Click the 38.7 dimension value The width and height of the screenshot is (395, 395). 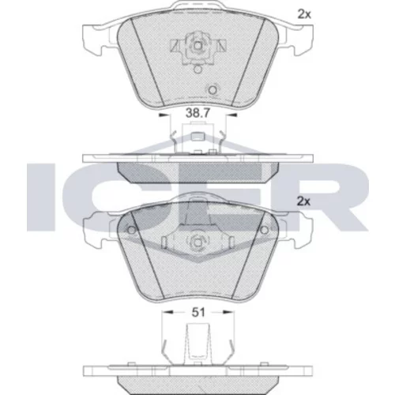click(x=197, y=113)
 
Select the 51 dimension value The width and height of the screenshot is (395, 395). click(x=198, y=312)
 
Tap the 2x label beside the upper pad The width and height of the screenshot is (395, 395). click(x=304, y=14)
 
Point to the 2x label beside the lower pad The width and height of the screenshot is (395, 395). click(x=303, y=201)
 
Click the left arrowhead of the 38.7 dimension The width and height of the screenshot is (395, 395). click(x=163, y=115)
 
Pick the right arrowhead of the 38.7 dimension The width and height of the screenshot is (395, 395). click(x=232, y=115)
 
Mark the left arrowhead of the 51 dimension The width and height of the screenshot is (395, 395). click(x=167, y=312)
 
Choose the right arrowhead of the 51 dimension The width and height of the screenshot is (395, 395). click(x=228, y=312)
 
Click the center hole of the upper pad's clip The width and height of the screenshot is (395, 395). click(x=197, y=46)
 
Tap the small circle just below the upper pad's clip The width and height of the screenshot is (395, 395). click(x=197, y=70)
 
